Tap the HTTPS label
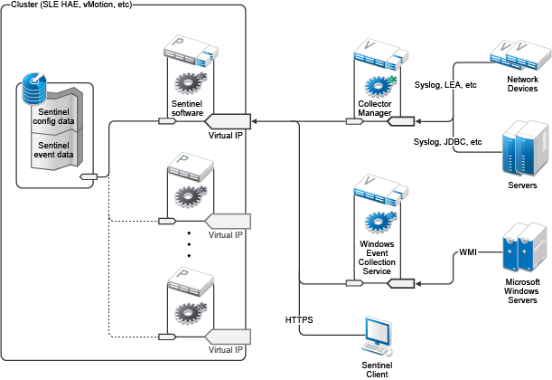300,319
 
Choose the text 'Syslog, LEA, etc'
444,86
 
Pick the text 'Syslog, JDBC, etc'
448,142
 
